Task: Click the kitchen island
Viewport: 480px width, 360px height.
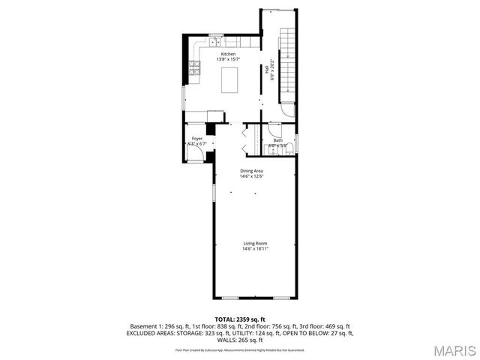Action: click(231, 78)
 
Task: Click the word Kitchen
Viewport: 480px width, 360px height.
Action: click(228, 54)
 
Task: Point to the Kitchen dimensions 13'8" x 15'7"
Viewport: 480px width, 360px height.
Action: click(228, 59)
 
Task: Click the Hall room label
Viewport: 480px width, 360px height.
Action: click(266, 69)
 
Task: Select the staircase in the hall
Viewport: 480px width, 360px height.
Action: click(287, 64)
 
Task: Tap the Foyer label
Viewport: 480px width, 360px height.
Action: click(196, 139)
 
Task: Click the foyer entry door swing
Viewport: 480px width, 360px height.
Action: click(195, 153)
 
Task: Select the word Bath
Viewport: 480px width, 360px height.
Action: click(277, 140)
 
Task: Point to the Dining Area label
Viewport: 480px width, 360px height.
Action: click(251, 172)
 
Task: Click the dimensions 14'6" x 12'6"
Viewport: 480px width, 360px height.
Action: click(251, 177)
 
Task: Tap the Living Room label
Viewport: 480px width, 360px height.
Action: click(255, 243)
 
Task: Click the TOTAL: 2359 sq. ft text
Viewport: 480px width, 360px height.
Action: click(239, 319)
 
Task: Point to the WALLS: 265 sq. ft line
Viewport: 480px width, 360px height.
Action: click(239, 340)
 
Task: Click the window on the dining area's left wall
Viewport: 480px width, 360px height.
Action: click(213, 191)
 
